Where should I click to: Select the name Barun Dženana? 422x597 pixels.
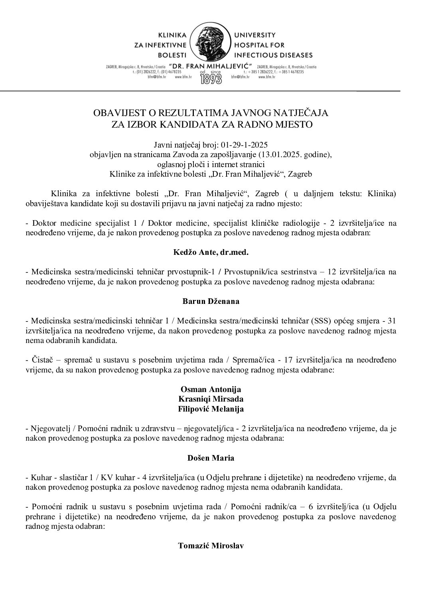pyautogui.click(x=211, y=301)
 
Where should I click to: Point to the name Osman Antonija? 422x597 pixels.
pyautogui.click(x=211, y=389)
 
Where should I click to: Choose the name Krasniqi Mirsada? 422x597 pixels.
pyautogui.click(x=211, y=399)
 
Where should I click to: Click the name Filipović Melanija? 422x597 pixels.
pyautogui.click(x=211, y=409)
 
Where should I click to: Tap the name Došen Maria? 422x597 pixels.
pyautogui.click(x=211, y=458)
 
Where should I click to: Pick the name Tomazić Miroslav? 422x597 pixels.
pyautogui.click(x=211, y=546)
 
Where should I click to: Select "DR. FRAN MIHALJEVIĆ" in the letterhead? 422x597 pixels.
pyautogui.click(x=211, y=65)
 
